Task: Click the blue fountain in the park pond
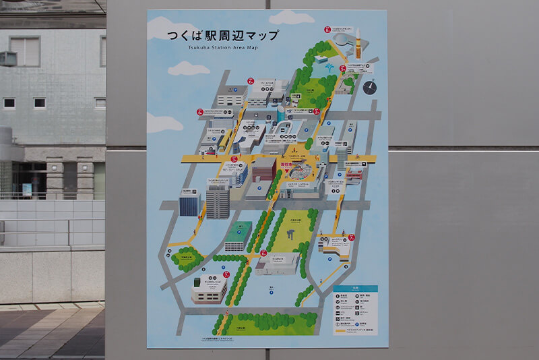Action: click(328, 67)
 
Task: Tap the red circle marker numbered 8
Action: click(327, 30)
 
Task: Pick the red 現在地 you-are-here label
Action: click(288, 162)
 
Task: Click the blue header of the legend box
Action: click(355, 289)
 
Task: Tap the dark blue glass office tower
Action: click(189, 202)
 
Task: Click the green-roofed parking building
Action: click(237, 236)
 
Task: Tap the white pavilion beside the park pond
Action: click(321, 59)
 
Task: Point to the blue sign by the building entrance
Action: click(27, 189)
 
